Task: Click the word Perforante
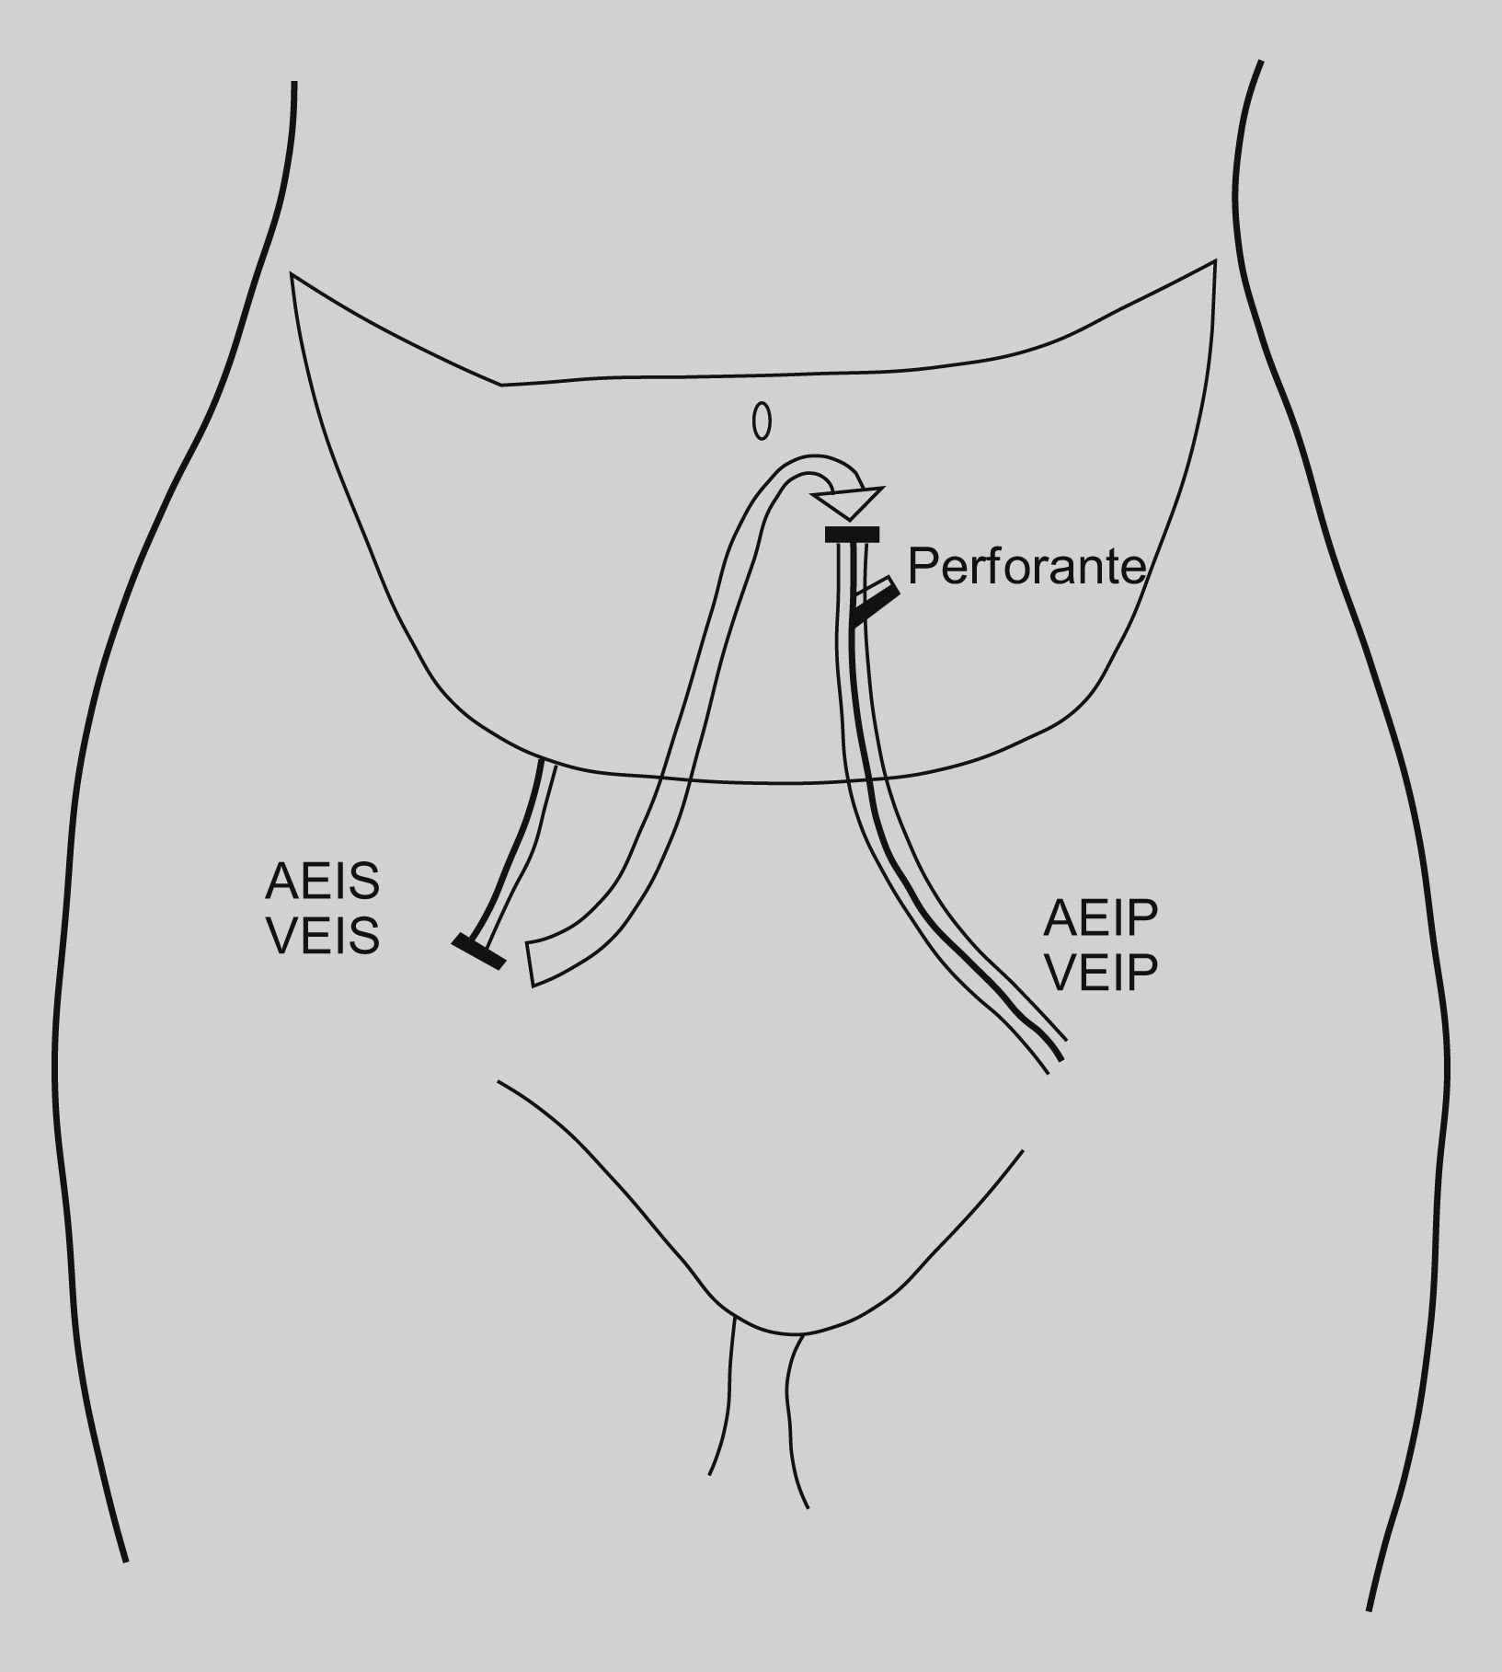coord(1026,567)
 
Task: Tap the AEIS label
coord(322,882)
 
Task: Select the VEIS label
coord(322,937)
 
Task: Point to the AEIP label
coord(1101,917)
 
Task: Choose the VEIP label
coord(1101,973)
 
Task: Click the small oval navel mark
coord(762,422)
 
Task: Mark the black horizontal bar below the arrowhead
coord(852,535)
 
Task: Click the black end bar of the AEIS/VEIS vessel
coord(478,951)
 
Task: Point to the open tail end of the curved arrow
coord(531,963)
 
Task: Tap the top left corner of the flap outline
coord(292,273)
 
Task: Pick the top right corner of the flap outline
coord(1215,262)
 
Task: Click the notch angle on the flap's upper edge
coord(500,384)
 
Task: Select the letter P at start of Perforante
coord(923,567)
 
